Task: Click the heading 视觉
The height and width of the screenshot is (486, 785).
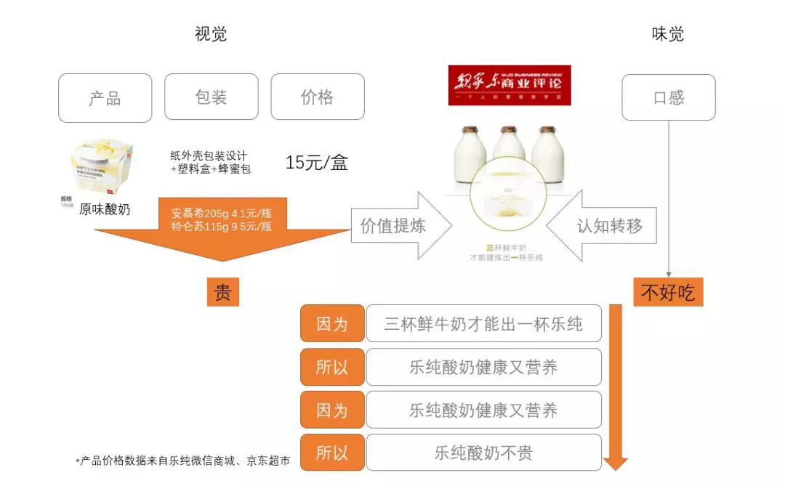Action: [211, 34]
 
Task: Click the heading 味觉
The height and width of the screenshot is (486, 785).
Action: [667, 34]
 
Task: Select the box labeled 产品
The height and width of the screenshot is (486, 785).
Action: [105, 98]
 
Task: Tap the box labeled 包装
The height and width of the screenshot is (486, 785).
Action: [212, 97]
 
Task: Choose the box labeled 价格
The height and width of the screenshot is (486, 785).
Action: [318, 97]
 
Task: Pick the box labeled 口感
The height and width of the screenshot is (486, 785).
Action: [668, 97]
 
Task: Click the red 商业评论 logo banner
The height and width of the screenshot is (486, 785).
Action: [509, 85]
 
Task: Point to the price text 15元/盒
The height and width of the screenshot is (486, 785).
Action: [316, 163]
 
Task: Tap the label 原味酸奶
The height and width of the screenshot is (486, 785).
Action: [105, 209]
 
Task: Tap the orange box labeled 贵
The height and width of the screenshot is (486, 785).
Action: [222, 292]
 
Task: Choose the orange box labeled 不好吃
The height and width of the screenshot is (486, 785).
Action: [667, 292]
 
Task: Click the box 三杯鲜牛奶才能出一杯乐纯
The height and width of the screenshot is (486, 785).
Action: [483, 324]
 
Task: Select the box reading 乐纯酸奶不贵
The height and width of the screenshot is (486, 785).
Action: [483, 453]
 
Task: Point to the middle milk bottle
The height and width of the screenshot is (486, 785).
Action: [509, 153]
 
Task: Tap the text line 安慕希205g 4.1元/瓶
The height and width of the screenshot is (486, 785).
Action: [221, 214]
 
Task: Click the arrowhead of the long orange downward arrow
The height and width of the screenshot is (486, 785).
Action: [615, 462]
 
